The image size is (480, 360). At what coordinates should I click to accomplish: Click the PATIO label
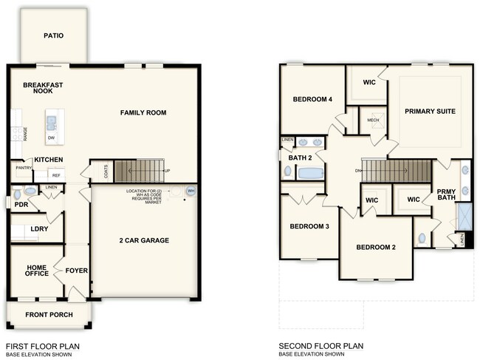point(53,35)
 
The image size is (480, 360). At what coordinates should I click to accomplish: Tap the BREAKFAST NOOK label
point(43,88)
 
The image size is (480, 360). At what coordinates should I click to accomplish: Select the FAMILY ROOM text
point(143,113)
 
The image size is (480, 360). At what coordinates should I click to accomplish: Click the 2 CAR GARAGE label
point(144,240)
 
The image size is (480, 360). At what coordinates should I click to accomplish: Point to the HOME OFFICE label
point(38,271)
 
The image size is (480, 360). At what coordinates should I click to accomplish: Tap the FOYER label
point(77,271)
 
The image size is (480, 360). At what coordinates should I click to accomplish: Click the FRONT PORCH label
point(49,315)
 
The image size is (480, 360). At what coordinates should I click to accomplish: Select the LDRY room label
point(39,229)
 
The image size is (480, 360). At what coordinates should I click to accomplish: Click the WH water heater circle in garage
point(191,191)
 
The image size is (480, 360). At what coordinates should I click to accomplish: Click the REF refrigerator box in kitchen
point(56,175)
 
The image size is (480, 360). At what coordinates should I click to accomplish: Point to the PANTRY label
point(23,169)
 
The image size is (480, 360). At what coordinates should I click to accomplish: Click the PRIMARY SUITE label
point(429,112)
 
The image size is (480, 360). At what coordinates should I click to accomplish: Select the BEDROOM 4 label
point(312,100)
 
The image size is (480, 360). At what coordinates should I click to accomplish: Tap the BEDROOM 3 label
point(309,226)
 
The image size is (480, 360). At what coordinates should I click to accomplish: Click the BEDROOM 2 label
point(376,247)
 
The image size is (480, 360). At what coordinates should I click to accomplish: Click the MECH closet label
point(373,120)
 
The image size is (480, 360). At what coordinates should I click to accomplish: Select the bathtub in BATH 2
point(310,173)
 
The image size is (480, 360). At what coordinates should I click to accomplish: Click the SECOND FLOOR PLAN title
point(320,345)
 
